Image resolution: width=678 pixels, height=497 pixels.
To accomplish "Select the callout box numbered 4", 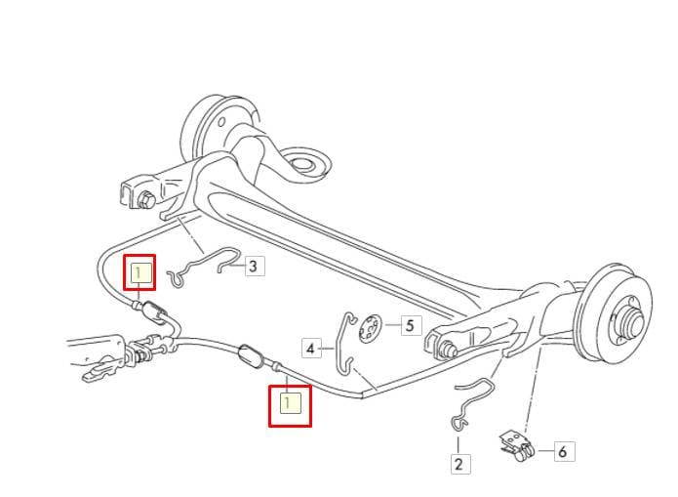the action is click(x=311, y=348).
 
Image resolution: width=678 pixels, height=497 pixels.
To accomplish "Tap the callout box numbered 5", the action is click(x=410, y=325).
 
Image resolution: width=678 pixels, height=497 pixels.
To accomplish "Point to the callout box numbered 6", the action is click(x=562, y=451).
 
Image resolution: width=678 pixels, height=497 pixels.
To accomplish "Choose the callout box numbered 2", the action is click(x=459, y=464).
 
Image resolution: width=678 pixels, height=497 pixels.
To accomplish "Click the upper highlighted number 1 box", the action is click(x=140, y=272).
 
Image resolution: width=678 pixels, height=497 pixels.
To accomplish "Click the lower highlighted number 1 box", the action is click(x=290, y=405).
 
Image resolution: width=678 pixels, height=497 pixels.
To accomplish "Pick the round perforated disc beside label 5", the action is click(x=370, y=328).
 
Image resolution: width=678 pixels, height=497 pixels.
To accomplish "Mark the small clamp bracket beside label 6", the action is click(x=517, y=446).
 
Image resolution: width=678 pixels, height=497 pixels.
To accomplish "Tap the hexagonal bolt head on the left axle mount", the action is click(x=146, y=199).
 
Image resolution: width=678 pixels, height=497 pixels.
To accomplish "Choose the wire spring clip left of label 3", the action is click(x=203, y=266).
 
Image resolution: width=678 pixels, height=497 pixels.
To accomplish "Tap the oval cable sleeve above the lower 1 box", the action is click(x=251, y=355).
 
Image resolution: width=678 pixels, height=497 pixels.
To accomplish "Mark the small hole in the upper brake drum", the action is click(x=221, y=122).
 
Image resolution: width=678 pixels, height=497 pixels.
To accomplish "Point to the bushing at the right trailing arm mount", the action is click(x=446, y=349).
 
